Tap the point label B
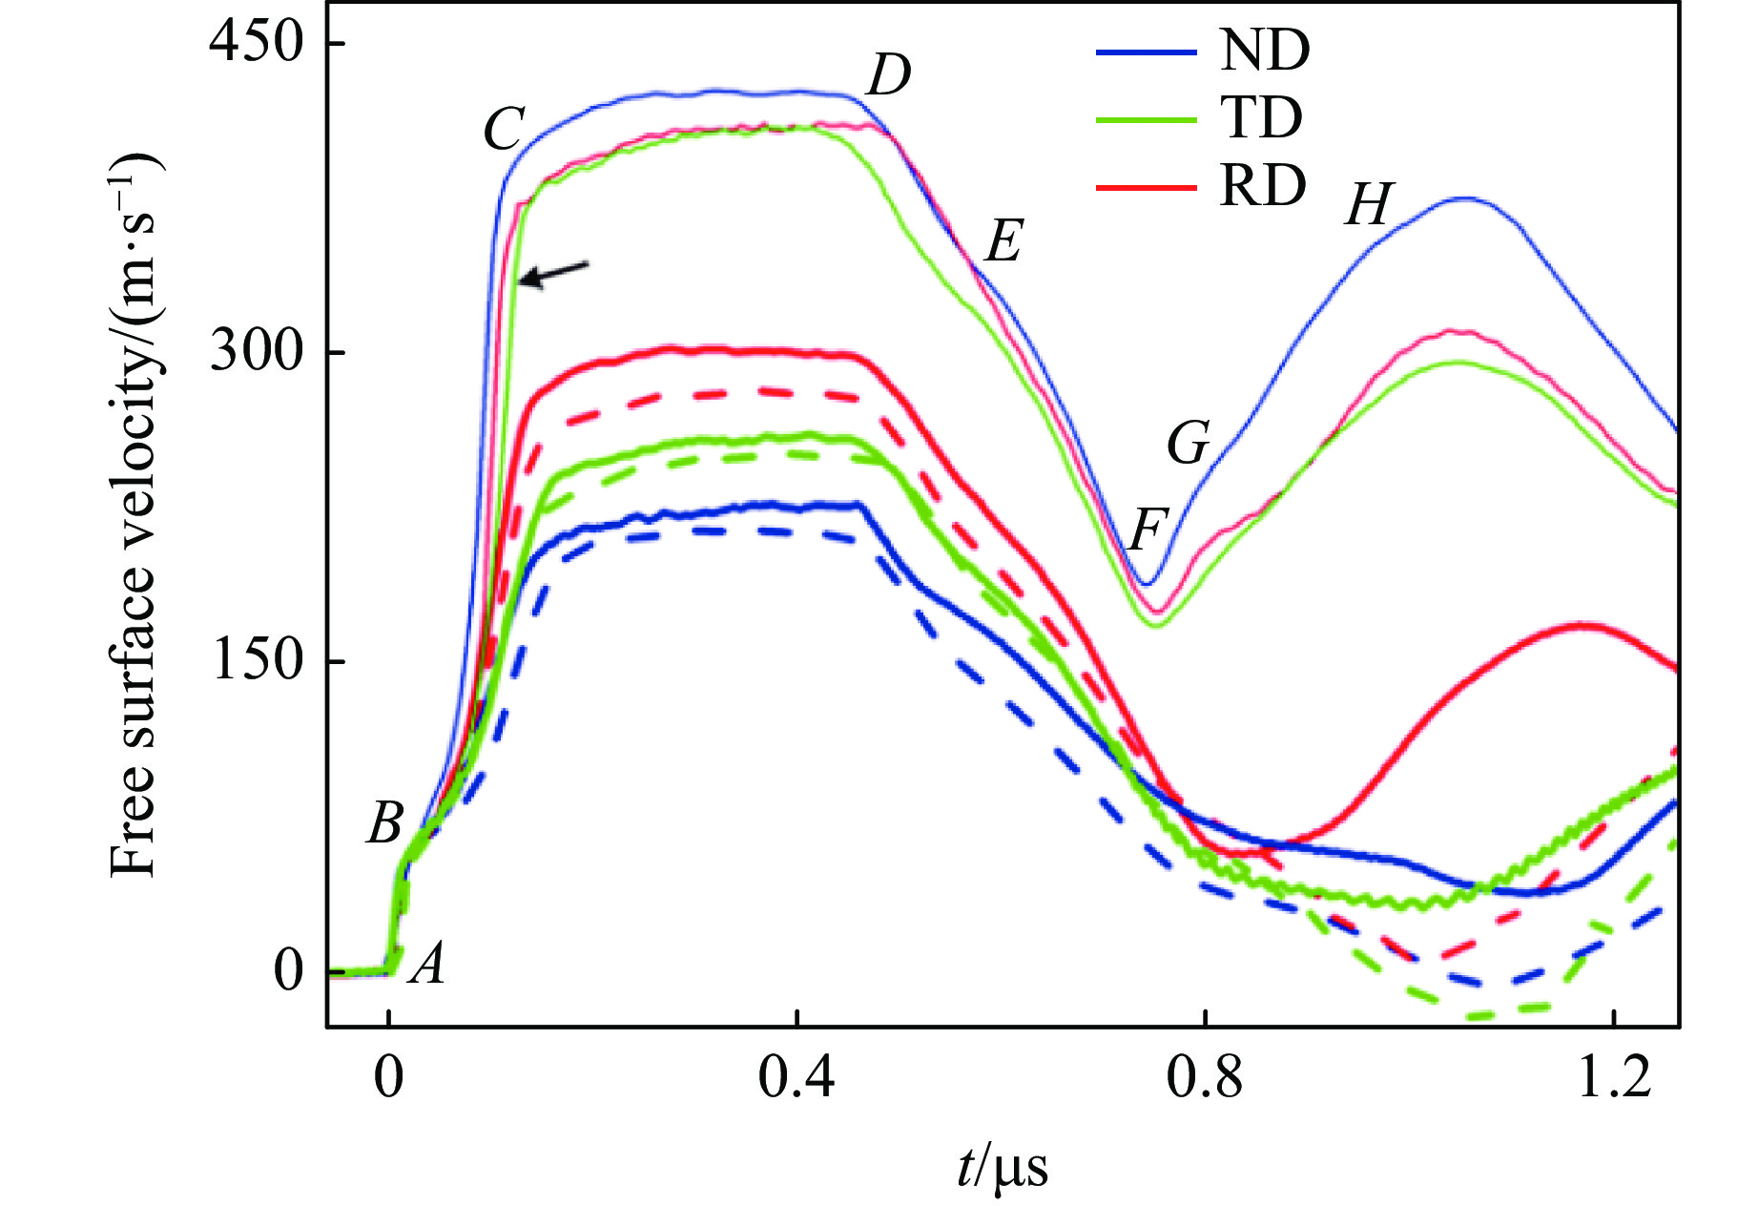click(385, 822)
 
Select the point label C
click(504, 129)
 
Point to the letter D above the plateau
click(888, 75)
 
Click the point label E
click(1003, 240)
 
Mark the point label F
click(1148, 529)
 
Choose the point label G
click(1189, 444)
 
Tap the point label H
click(1369, 205)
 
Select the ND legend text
click(1265, 51)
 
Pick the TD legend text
click(1261, 118)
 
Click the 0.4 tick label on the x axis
click(796, 1079)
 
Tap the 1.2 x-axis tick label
click(1614, 1079)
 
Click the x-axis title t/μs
click(1003, 1166)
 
